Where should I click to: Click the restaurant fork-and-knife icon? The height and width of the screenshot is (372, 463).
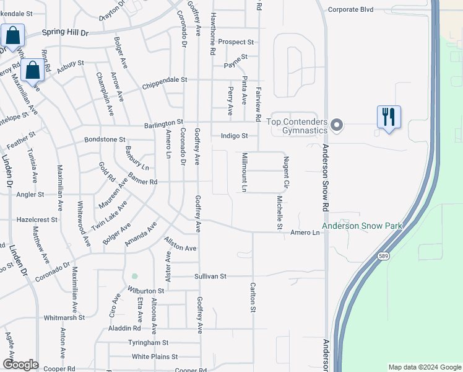389,116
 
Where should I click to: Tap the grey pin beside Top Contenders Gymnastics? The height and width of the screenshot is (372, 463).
337,125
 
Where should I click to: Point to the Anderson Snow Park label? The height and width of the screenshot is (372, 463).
361,226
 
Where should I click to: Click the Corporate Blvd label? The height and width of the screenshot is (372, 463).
351,9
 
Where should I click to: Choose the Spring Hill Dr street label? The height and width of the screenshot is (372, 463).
66,32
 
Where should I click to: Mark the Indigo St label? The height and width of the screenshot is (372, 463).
234,136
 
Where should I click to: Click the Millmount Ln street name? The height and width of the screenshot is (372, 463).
245,172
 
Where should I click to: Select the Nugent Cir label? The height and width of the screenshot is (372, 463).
287,172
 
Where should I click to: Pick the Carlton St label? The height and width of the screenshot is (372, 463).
253,297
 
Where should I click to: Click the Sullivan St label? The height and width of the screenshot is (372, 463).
210,276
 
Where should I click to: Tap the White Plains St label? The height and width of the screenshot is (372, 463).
154,356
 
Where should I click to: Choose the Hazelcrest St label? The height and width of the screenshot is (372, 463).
37,219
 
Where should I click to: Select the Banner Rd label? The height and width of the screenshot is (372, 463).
144,182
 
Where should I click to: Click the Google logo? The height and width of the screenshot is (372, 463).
20,365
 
